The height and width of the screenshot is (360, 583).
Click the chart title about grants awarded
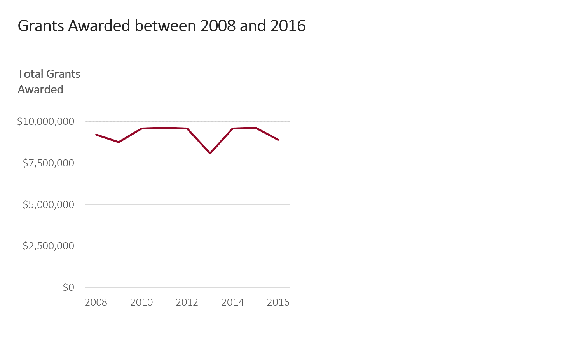click(162, 26)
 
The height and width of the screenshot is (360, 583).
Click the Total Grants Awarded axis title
click(49, 82)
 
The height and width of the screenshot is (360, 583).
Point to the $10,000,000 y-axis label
click(45, 122)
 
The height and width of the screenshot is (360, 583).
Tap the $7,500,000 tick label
click(48, 163)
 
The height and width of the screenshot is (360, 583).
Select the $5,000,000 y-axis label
click(48, 204)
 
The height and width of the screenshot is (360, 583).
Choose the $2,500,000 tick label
click(48, 246)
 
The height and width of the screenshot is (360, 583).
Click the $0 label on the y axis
click(68, 287)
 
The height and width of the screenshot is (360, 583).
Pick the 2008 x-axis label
click(96, 302)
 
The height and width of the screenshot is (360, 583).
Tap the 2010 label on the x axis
click(141, 302)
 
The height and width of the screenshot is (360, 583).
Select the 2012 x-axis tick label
click(187, 302)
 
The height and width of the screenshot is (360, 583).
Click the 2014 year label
click(232, 302)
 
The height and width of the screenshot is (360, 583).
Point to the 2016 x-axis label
click(278, 302)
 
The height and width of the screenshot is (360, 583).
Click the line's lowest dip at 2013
click(210, 153)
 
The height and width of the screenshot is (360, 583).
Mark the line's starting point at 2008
click(96, 135)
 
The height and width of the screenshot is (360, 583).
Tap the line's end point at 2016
click(278, 140)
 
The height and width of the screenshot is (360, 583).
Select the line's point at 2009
click(119, 142)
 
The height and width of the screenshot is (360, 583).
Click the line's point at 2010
click(141, 128)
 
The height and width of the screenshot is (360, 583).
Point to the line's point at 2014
click(232, 128)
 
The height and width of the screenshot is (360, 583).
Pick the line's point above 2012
click(187, 128)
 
